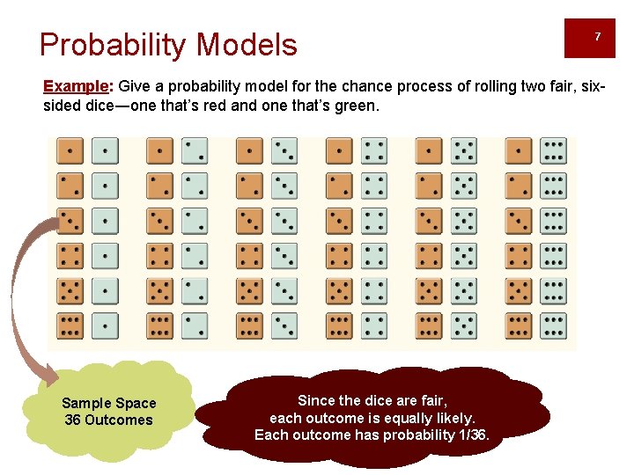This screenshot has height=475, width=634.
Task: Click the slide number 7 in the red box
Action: tap(598, 37)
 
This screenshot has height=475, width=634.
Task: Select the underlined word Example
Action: tap(75, 86)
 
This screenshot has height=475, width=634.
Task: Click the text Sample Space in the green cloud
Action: tap(108, 403)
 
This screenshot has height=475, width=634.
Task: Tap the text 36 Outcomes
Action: tap(108, 420)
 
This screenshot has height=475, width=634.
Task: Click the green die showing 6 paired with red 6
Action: tap(553, 325)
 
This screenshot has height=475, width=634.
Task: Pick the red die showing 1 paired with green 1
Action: tap(70, 151)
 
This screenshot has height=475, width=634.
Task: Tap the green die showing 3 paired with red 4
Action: tap(284, 256)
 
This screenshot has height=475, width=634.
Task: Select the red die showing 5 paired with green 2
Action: tap(159, 291)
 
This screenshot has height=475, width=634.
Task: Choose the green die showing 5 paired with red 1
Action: tap(463, 151)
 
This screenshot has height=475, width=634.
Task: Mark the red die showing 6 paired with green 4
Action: tap(339, 325)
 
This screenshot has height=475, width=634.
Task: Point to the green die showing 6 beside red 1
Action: tap(553, 151)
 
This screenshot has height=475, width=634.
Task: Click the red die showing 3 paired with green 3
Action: tap(249, 221)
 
